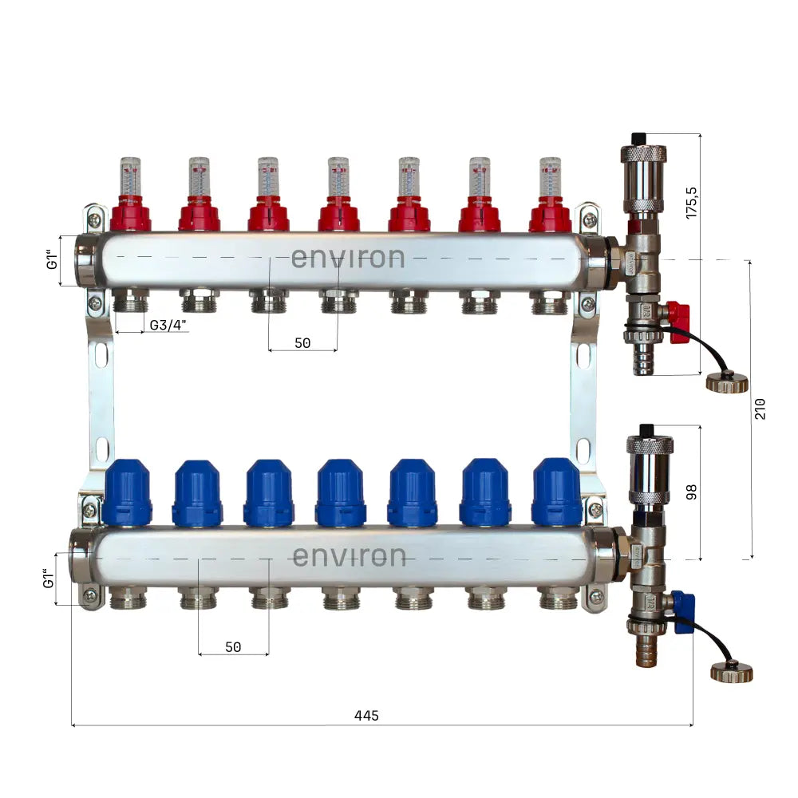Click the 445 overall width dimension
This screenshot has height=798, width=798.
point(366,716)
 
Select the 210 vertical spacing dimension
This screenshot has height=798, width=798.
point(759,409)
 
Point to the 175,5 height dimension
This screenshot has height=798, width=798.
point(691,203)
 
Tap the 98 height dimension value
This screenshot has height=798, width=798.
point(691,492)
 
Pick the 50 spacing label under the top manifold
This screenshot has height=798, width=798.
point(302,343)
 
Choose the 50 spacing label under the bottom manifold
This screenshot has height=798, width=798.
point(232,647)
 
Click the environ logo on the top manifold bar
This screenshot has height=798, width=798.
point(347,258)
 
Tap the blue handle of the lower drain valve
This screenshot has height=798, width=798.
point(683,612)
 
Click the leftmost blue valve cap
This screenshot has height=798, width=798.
point(127,492)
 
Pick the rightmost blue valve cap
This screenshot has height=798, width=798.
point(557,492)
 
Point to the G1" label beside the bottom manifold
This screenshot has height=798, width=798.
point(48,579)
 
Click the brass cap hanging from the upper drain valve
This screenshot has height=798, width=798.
point(726,381)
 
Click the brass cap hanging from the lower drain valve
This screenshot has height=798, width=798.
point(731,672)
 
